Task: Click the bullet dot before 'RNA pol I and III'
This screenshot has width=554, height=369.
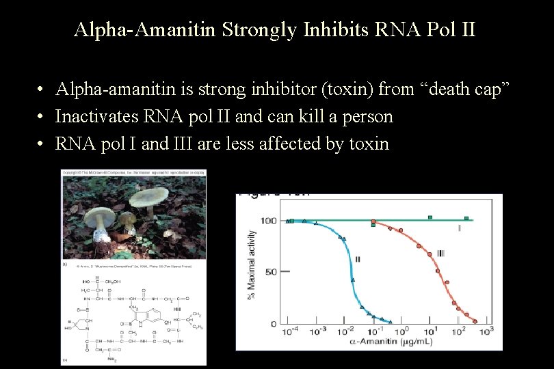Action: (x=42, y=144)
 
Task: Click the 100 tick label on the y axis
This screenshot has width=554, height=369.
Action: (x=269, y=221)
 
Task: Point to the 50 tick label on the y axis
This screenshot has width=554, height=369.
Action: (x=271, y=272)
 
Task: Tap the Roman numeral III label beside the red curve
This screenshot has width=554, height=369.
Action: (x=440, y=254)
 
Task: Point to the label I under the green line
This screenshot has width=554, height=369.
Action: (x=459, y=228)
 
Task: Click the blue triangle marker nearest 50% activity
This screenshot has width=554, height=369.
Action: (x=353, y=279)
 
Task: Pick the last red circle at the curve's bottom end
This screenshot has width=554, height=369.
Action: (x=475, y=318)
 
